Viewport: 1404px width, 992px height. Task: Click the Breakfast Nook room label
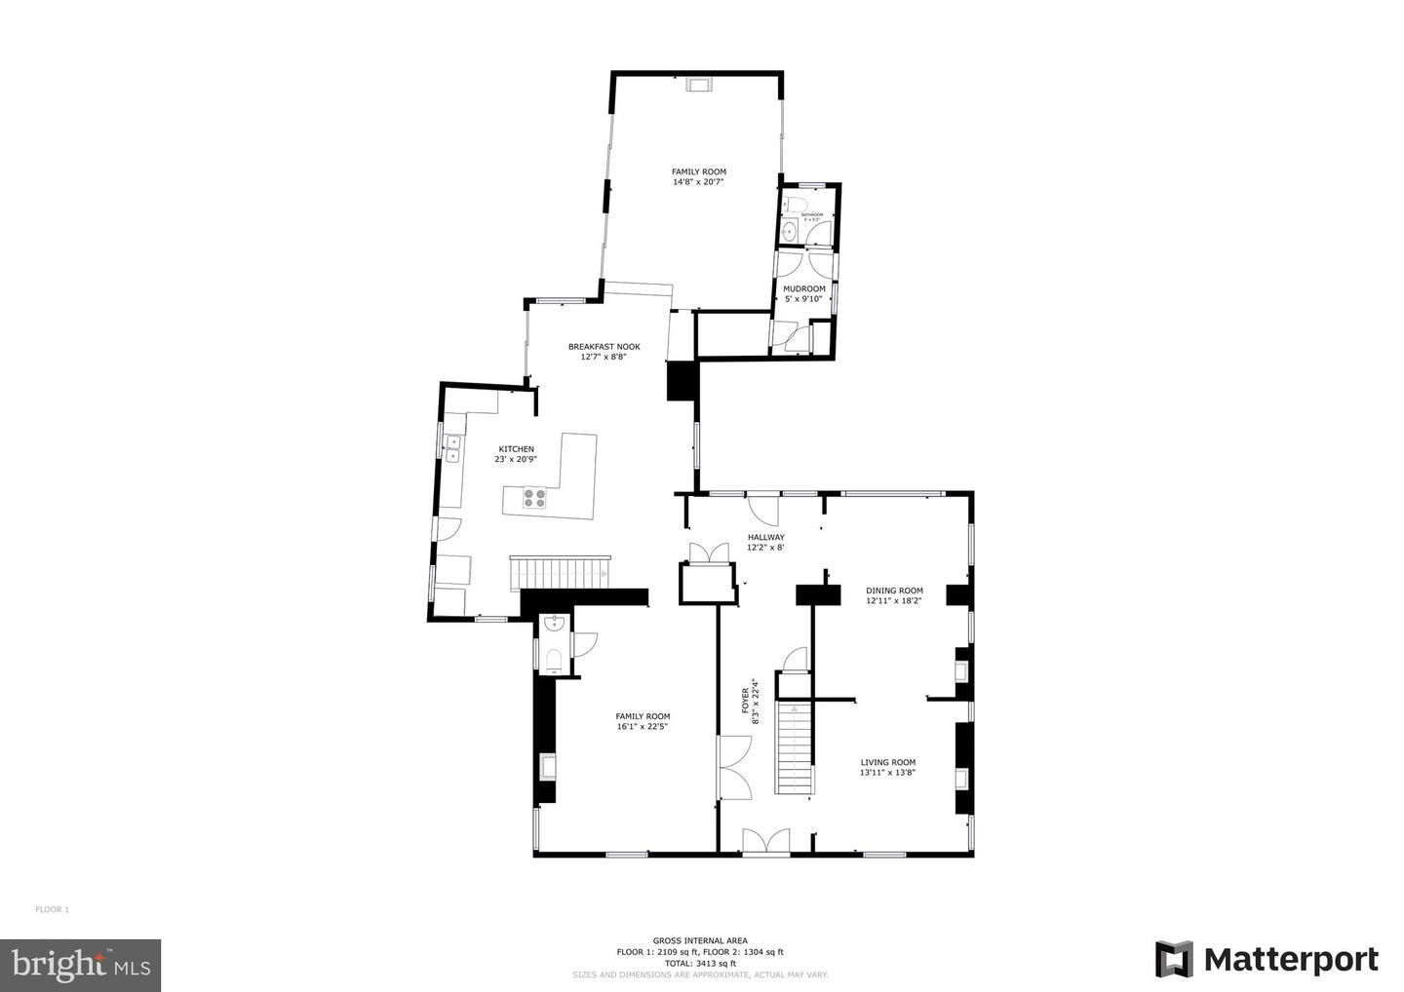click(x=604, y=346)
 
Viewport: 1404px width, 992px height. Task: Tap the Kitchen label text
click(x=516, y=449)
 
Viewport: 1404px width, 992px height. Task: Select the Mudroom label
click(x=804, y=288)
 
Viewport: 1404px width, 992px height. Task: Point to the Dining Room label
click(x=894, y=591)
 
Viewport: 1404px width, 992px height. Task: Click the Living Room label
click(x=887, y=762)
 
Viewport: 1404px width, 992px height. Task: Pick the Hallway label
click(x=765, y=537)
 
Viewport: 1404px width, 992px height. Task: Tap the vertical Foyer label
click(x=746, y=702)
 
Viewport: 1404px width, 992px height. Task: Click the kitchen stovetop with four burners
click(x=535, y=499)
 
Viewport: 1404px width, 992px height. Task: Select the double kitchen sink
click(x=452, y=448)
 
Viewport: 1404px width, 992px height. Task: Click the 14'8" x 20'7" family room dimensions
click(x=698, y=182)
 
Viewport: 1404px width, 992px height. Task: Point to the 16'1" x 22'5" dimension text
click(x=642, y=726)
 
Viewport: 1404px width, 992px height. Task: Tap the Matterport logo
click(x=1267, y=959)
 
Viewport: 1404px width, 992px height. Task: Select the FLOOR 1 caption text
click(x=53, y=909)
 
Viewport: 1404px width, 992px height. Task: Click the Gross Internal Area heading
click(x=700, y=940)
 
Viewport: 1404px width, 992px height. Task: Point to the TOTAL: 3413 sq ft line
click(x=700, y=963)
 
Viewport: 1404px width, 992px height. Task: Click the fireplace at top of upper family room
click(x=699, y=86)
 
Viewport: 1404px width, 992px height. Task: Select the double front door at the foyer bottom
click(x=765, y=842)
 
